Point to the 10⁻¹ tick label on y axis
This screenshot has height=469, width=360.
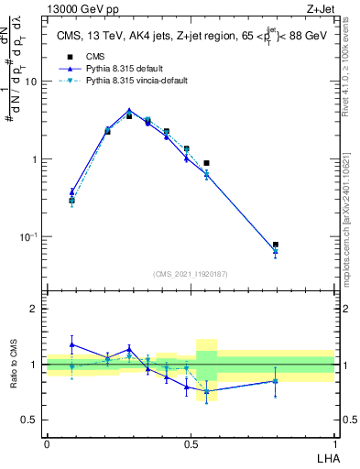pyautogui.click(x=29, y=237)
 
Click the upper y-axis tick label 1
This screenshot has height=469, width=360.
pyautogui.click(x=35, y=159)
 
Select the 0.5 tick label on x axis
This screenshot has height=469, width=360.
pyautogui.click(x=191, y=442)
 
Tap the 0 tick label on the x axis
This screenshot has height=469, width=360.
pyautogui.click(x=47, y=442)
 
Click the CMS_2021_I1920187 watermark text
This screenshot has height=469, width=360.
pyautogui.click(x=191, y=273)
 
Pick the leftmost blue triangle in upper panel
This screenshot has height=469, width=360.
pyautogui.click(x=72, y=191)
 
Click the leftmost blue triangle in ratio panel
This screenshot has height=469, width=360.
pyautogui.click(x=72, y=344)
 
